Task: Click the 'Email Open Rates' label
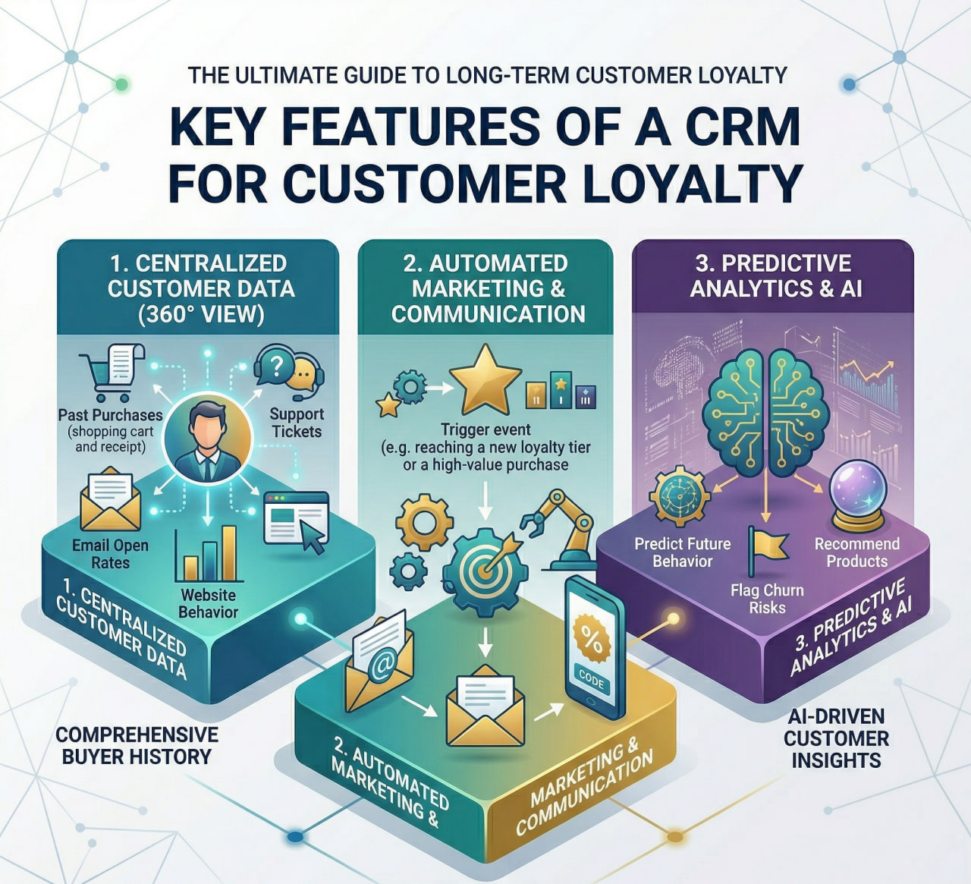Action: [x=110, y=554]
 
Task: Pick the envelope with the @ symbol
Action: [x=380, y=661]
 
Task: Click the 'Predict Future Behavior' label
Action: [x=683, y=552]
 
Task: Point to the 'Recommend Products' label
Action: [x=856, y=552]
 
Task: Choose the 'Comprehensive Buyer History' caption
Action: [x=137, y=745]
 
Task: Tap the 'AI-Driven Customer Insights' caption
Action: [x=836, y=738]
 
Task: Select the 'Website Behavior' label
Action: [x=208, y=603]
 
